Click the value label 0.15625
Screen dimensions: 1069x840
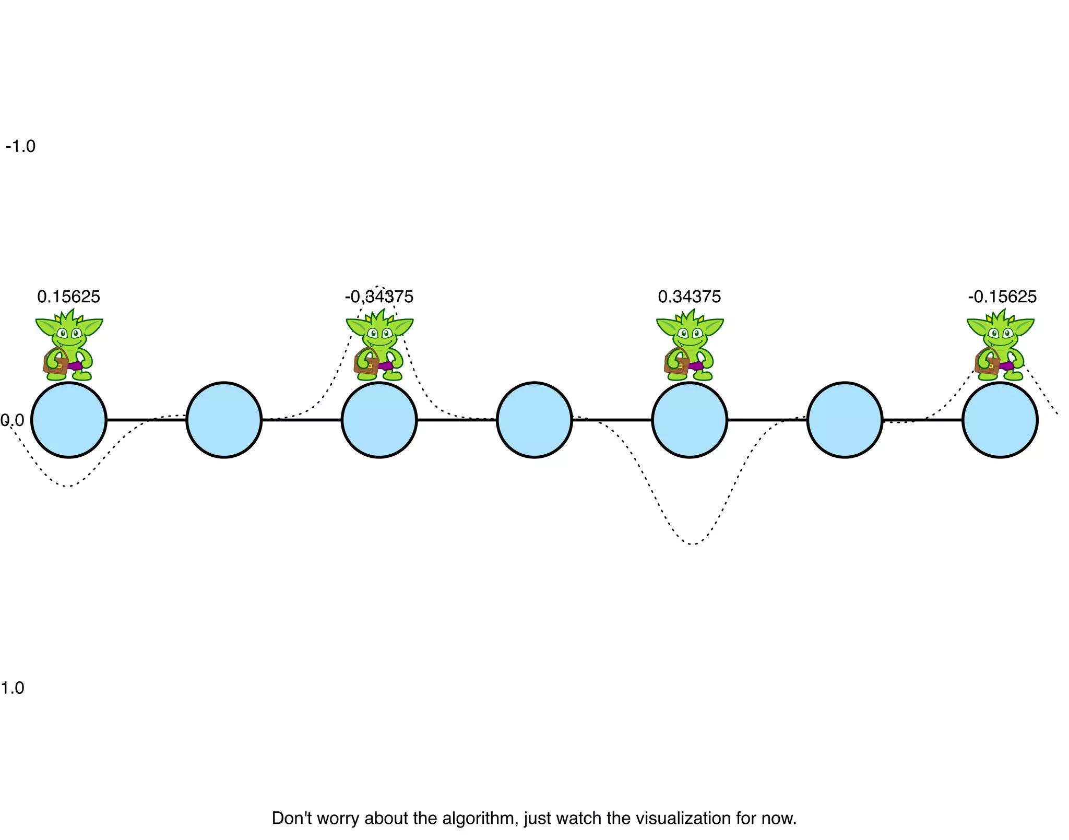(x=68, y=297)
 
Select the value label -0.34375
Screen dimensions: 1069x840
(x=379, y=297)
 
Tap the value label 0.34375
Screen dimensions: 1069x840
(x=689, y=297)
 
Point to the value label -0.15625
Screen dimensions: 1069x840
(x=1002, y=297)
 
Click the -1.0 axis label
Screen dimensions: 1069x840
(x=20, y=147)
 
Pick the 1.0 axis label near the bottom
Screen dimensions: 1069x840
(x=13, y=688)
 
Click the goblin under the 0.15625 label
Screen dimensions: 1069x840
(x=69, y=345)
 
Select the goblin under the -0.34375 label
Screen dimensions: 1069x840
(x=379, y=345)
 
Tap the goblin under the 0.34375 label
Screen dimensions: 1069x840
(x=690, y=345)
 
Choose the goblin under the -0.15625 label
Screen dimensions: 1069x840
(x=1000, y=345)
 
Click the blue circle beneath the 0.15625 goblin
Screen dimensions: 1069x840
(x=69, y=420)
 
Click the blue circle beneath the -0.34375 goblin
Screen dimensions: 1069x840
(x=379, y=420)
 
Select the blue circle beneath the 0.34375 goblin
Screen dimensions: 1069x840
(x=690, y=420)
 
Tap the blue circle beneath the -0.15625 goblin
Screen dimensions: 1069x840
(x=1000, y=420)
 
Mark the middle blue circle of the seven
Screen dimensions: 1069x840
(x=534, y=420)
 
